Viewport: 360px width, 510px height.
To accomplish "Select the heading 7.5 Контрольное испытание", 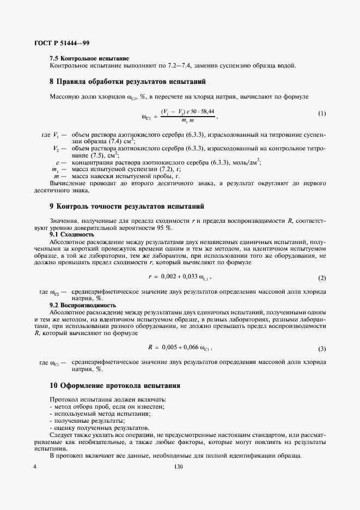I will point(89,58).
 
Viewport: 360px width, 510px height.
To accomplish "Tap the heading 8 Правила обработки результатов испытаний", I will point(127,82).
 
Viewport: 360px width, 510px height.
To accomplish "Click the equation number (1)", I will point(322,113).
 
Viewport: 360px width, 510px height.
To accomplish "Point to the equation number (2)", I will point(322,278).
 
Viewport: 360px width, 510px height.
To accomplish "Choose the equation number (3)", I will point(322,348).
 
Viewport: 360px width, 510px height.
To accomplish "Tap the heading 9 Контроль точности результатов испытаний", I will point(126,207).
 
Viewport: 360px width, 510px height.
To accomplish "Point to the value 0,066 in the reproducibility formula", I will point(191,348).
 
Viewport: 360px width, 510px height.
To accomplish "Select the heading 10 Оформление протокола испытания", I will point(115,386).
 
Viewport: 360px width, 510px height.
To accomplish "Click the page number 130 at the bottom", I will point(179,467).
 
